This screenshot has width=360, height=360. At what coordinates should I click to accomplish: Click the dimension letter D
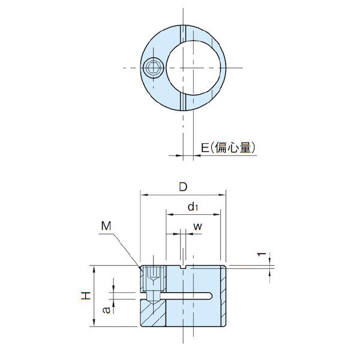pyautogui.click(x=183, y=187)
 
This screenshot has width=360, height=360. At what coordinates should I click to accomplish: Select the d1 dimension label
pyautogui.click(x=193, y=206)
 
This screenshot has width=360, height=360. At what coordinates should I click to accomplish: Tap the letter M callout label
pyautogui.click(x=106, y=226)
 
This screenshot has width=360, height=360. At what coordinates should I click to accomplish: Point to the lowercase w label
pyautogui.click(x=197, y=227)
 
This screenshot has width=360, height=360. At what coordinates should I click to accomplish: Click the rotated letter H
pyautogui.click(x=86, y=296)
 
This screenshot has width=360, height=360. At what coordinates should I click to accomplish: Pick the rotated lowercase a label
pyautogui.click(x=107, y=310)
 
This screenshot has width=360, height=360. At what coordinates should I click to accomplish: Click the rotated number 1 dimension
pyautogui.click(x=261, y=254)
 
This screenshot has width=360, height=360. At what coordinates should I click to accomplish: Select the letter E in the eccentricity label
pyautogui.click(x=205, y=148)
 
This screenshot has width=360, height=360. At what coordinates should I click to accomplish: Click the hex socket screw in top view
pyautogui.click(x=154, y=68)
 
